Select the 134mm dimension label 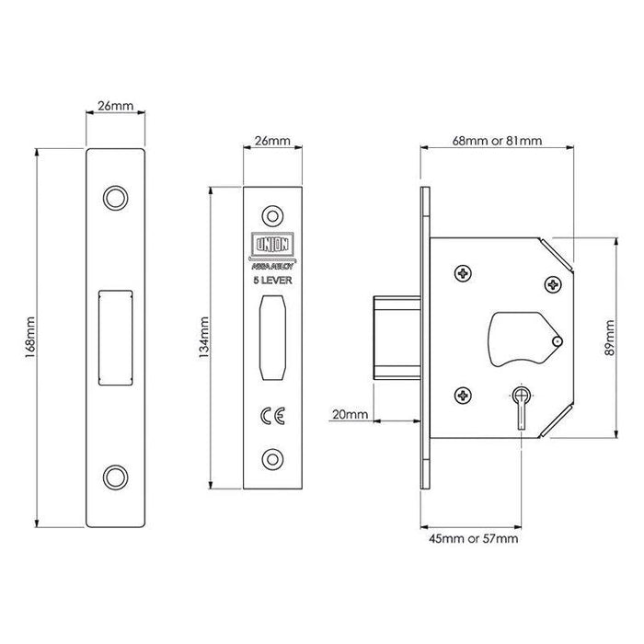click(x=204, y=336)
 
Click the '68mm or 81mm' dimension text click(x=497, y=141)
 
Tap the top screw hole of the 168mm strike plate click(x=115, y=197)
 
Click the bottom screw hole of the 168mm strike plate click(x=115, y=475)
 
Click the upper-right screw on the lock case click(x=552, y=284)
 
